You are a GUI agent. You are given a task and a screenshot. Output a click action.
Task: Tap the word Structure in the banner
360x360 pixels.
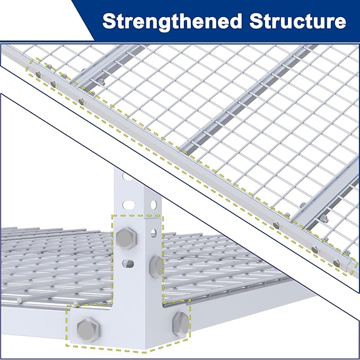[x=298, y=21]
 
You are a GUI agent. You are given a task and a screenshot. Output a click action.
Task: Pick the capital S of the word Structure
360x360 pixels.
[x=257, y=21]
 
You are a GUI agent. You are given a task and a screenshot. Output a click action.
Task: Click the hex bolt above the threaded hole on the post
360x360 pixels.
[x=126, y=238]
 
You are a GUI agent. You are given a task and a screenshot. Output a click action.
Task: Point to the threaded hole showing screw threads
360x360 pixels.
[x=128, y=264]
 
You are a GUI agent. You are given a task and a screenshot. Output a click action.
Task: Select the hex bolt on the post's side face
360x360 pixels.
[x=156, y=267]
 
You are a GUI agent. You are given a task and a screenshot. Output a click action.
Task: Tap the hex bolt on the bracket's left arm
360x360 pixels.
[x=88, y=330]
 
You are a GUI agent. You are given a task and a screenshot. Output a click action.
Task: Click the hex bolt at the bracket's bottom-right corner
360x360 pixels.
[x=181, y=324]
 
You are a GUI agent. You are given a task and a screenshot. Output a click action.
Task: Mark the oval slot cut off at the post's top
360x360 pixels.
[x=128, y=177]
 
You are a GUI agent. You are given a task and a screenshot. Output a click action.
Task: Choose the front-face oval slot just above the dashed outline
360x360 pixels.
[x=128, y=205]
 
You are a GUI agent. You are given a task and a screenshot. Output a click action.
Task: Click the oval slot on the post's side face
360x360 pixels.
[x=154, y=204]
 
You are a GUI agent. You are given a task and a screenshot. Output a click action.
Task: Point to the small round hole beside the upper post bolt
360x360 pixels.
[x=154, y=233]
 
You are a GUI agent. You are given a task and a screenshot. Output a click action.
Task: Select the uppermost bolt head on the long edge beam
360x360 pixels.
[x=38, y=74]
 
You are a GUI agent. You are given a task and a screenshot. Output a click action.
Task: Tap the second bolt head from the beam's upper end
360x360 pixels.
[x=53, y=84]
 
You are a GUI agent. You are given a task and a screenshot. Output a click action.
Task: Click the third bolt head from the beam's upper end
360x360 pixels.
[x=81, y=101]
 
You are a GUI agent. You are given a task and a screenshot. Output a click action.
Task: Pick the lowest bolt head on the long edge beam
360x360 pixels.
[x=337, y=263]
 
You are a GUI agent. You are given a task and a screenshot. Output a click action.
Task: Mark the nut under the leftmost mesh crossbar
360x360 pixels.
[x=101, y=82]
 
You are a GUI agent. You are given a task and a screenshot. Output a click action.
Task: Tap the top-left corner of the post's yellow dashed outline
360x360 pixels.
[x=112, y=216]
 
